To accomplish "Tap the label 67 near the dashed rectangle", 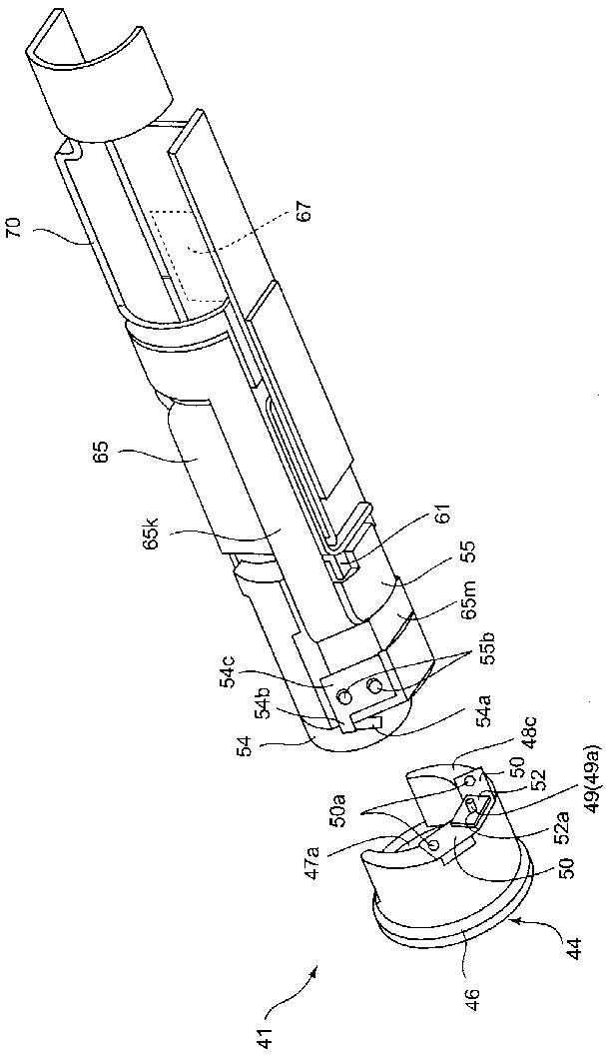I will (304, 211).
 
